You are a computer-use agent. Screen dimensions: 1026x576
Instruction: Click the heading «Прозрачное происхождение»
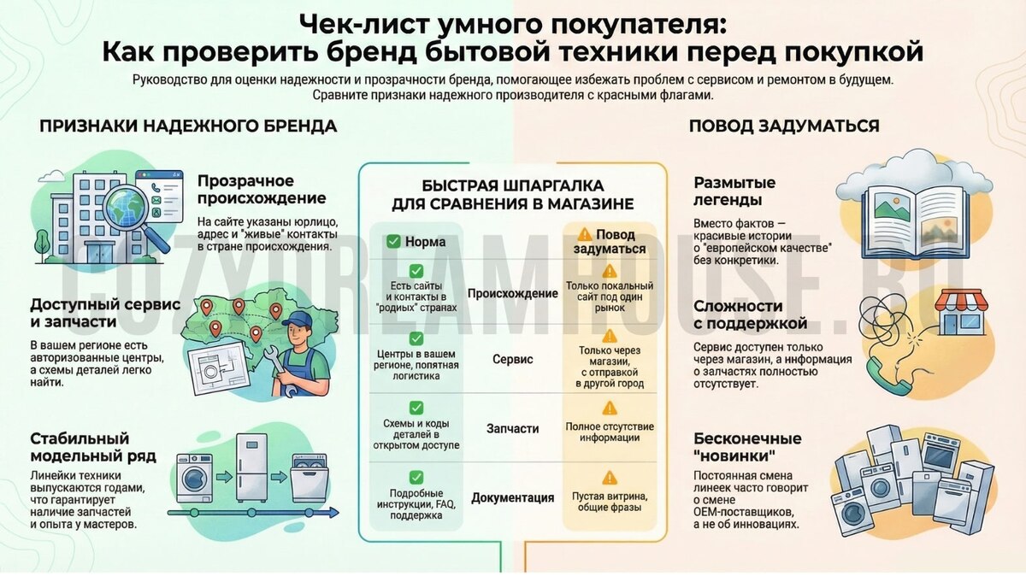click(x=262, y=189)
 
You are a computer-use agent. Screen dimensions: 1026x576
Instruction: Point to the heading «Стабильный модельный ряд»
click(x=93, y=446)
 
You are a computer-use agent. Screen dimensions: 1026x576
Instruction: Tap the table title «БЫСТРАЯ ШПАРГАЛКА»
click(x=513, y=185)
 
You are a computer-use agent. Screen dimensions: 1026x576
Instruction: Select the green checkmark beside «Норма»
click(x=393, y=241)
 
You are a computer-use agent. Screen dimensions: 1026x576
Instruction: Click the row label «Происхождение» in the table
click(x=512, y=293)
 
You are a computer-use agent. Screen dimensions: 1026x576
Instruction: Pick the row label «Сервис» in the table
click(x=512, y=360)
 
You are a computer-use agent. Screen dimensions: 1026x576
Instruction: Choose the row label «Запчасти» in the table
click(x=512, y=428)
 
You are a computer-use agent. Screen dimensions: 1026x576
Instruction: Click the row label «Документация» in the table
click(x=512, y=497)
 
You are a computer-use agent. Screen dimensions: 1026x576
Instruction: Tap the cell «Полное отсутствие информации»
click(x=610, y=432)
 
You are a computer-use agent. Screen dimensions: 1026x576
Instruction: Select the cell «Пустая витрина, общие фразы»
click(x=610, y=502)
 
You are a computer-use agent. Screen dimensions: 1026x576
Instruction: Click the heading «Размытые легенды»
click(x=734, y=191)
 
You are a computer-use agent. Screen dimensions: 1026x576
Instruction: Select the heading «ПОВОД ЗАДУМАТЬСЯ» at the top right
click(x=784, y=126)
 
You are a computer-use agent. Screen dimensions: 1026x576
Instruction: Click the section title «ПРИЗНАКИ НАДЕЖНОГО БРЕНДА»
click(x=188, y=126)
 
